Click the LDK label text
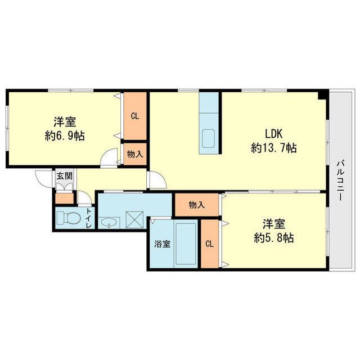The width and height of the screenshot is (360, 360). [273, 134]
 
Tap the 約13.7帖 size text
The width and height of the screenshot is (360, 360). [274, 148]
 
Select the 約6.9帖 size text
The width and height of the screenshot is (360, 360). [65, 136]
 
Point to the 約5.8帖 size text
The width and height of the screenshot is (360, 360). [274, 238]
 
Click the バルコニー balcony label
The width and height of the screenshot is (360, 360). [340, 180]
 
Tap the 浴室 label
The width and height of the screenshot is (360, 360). [163, 244]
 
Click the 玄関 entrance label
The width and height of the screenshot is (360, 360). [65, 176]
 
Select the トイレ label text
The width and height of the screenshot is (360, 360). [89, 218]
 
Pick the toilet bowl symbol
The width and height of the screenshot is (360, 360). [69, 218]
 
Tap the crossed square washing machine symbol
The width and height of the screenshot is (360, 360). [135, 220]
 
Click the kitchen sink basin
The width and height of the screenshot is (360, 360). [209, 138]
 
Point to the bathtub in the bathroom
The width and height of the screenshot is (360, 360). [186, 244]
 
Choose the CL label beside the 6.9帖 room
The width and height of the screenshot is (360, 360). [135, 116]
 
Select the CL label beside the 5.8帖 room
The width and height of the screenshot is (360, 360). [209, 244]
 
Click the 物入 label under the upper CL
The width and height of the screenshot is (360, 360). [135, 154]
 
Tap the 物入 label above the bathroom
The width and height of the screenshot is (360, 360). [197, 205]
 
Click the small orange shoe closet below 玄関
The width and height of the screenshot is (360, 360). [64, 199]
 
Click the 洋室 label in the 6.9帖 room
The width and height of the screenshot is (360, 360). [65, 122]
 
